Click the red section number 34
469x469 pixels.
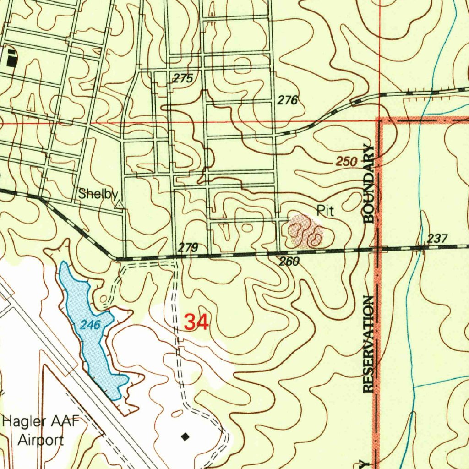pos(196,322)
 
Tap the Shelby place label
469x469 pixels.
pos(98,194)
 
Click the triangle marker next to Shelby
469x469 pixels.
pos(119,205)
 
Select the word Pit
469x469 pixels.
pos(325,211)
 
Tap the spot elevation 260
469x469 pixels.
pos(289,262)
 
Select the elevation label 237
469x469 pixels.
pos(437,239)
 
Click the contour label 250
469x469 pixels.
pos(346,162)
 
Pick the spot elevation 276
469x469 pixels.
pos(288,100)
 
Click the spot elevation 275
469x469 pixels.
pos(183,78)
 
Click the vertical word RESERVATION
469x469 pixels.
pos(369,344)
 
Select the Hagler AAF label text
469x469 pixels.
pos(41,421)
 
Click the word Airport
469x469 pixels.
pos(41,441)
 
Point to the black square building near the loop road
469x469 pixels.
pos(185,436)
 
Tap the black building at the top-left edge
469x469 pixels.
pos(11,58)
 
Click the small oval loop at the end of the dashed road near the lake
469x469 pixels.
pos(104,300)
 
